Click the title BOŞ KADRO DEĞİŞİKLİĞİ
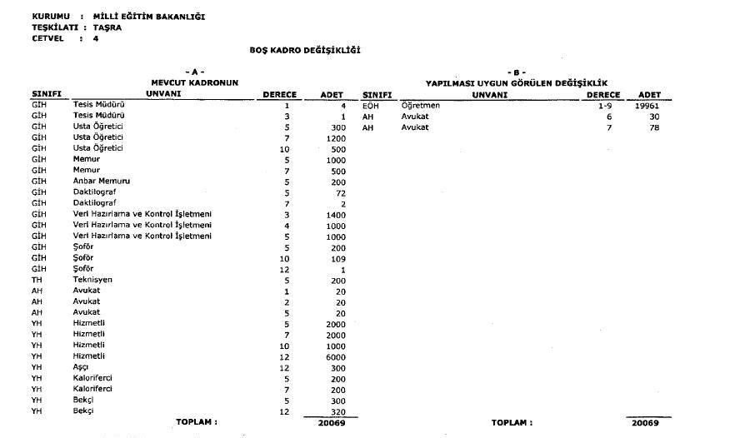click(x=304, y=50)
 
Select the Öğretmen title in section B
click(x=420, y=106)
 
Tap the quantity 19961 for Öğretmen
click(x=647, y=106)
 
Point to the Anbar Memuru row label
click(x=101, y=181)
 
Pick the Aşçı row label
click(x=82, y=367)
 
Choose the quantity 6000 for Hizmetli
click(x=333, y=356)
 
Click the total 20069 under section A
click(x=331, y=422)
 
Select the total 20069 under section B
click(x=644, y=422)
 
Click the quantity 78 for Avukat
click(x=654, y=127)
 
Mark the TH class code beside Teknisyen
click(x=37, y=280)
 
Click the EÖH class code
click(x=371, y=106)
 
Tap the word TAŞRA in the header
click(x=107, y=27)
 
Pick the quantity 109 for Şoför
click(x=337, y=258)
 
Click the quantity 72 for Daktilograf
click(x=339, y=192)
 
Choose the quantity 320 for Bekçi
click(x=337, y=411)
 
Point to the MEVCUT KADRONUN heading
click(x=193, y=82)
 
